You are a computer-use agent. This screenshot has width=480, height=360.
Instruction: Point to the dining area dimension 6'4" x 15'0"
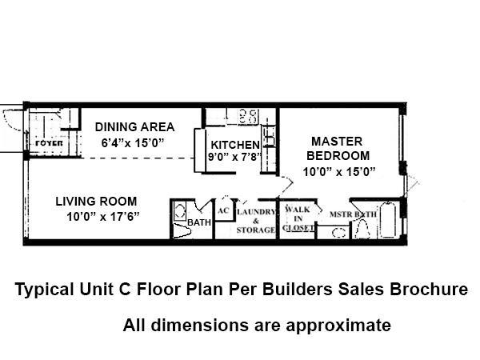pyautogui.click(x=132, y=143)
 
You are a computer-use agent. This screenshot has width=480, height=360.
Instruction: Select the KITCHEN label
pyautogui.click(x=234, y=145)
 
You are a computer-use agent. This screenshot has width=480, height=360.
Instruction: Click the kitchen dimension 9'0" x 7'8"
pyautogui.click(x=233, y=158)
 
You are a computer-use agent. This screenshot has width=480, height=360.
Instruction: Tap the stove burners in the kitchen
pyautogui.click(x=247, y=116)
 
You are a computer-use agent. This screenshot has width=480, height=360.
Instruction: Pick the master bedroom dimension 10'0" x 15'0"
pyautogui.click(x=339, y=171)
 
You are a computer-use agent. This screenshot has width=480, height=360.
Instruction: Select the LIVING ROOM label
pyautogui.click(x=95, y=202)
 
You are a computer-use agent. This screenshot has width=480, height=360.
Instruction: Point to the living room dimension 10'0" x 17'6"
pyautogui.click(x=102, y=216)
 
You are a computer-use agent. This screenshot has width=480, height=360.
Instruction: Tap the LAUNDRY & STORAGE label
pyautogui.click(x=256, y=220)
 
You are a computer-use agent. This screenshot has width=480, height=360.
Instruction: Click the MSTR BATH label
pyautogui.click(x=353, y=214)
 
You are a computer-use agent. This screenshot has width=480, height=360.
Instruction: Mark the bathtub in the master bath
pyautogui.click(x=390, y=222)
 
